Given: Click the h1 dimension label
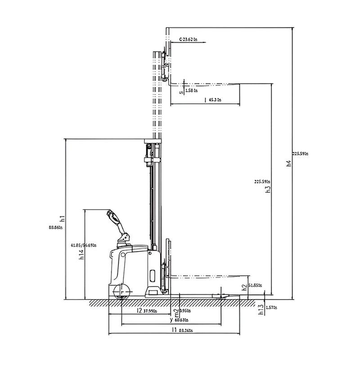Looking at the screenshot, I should coord(63,219).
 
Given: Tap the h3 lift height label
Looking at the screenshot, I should coord(268,189).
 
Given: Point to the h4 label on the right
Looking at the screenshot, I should coord(289,163).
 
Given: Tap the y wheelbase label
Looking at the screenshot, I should coord(171,320).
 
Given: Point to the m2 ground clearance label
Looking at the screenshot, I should coord(176,312).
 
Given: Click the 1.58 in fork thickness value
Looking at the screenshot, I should coord(192,91).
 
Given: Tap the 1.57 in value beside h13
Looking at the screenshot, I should coord(271,308).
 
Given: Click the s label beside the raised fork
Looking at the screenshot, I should coord(181,93).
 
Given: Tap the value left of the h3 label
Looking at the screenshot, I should coord(262,182).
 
